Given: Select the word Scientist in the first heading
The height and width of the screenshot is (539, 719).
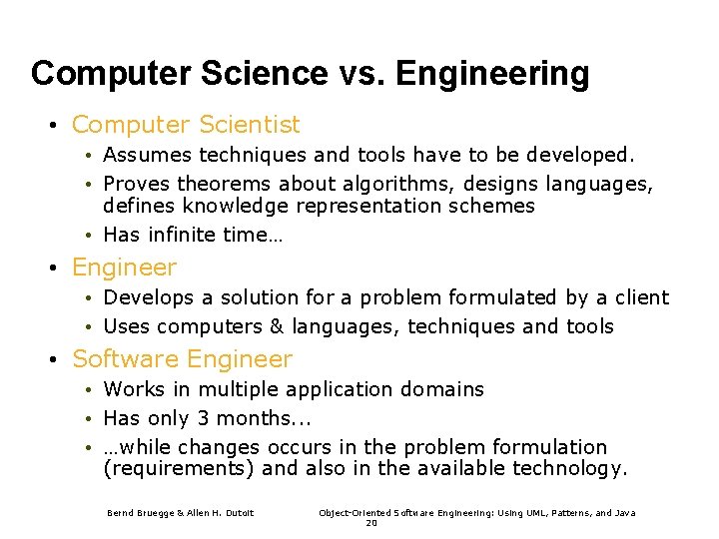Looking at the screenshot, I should (x=249, y=125).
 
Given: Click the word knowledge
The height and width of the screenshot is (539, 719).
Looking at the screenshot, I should (x=236, y=207).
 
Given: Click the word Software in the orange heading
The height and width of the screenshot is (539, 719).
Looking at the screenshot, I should (x=125, y=359).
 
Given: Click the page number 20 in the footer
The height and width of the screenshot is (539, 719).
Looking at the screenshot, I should (x=371, y=523).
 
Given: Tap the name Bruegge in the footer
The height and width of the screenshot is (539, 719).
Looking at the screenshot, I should (x=154, y=513).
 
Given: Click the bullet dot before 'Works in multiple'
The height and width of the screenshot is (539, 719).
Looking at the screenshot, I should (x=89, y=390).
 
